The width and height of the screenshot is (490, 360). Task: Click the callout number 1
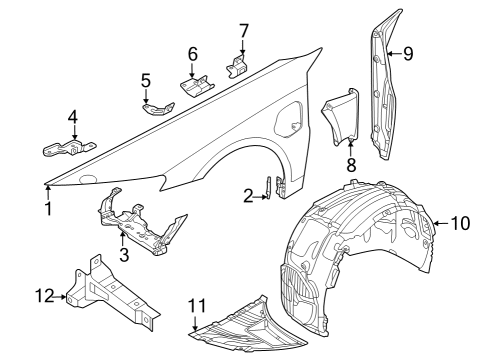coord(49,209)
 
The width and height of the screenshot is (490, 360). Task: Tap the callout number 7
coord(244,31)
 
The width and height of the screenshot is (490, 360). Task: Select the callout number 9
coord(408,53)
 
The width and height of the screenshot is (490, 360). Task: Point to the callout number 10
coord(461,223)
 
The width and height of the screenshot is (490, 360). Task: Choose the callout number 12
coord(45,296)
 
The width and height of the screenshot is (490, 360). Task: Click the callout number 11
coord(197,305)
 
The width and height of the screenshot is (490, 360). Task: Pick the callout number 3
coord(124,255)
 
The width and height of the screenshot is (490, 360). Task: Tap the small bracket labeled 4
coord(69,148)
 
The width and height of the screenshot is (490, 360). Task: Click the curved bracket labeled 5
coord(158,109)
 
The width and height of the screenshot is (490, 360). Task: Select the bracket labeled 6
coord(198,85)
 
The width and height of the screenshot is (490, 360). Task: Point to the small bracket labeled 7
coord(237,66)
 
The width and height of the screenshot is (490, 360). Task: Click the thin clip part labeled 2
coord(268,187)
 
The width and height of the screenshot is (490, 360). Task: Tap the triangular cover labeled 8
coord(341,117)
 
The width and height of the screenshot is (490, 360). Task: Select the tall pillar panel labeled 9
coord(385,87)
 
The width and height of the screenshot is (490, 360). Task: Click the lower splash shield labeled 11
coord(248,323)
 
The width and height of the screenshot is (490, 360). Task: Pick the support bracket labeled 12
coord(112,291)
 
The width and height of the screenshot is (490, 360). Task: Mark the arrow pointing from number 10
coord(441,223)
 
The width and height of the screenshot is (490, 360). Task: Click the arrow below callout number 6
coord(192,71)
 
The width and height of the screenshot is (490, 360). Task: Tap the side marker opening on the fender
coord(288,120)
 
